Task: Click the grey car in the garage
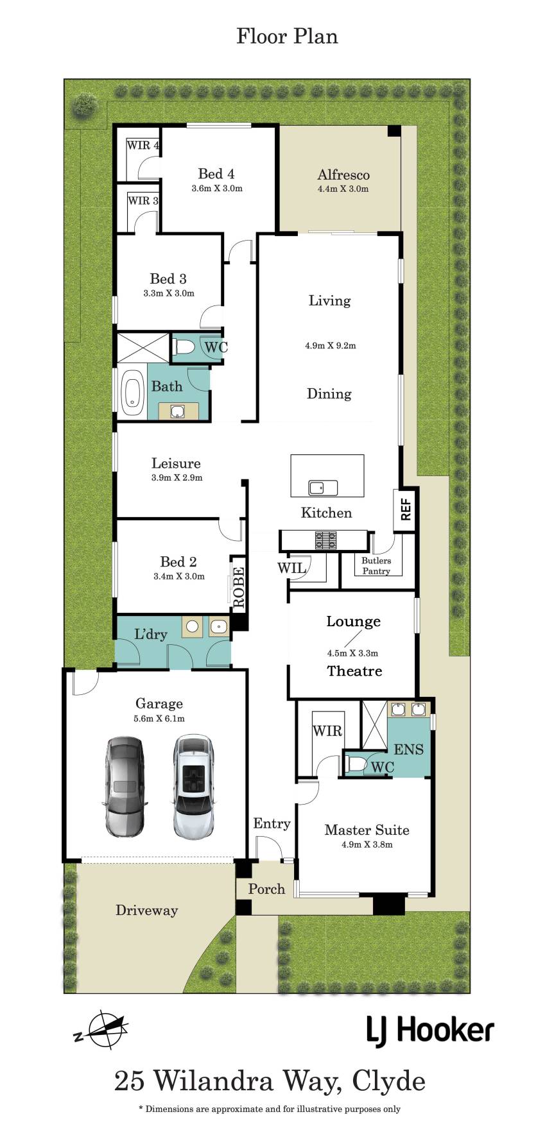click(125, 787)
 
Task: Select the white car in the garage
click(193, 787)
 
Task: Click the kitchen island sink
click(324, 488)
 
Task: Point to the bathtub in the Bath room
click(133, 391)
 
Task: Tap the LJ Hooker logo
click(430, 1030)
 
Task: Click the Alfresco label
click(343, 175)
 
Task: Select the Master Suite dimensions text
click(367, 844)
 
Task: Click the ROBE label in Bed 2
click(239, 587)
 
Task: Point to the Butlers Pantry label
click(376, 565)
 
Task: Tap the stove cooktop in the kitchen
click(326, 540)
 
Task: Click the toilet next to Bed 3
click(185, 347)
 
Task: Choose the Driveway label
click(146, 910)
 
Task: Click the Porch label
click(266, 889)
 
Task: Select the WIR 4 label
click(143, 145)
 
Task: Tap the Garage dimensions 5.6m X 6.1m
click(159, 719)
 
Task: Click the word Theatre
click(354, 671)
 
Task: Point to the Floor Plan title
click(287, 36)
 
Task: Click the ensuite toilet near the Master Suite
click(356, 764)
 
